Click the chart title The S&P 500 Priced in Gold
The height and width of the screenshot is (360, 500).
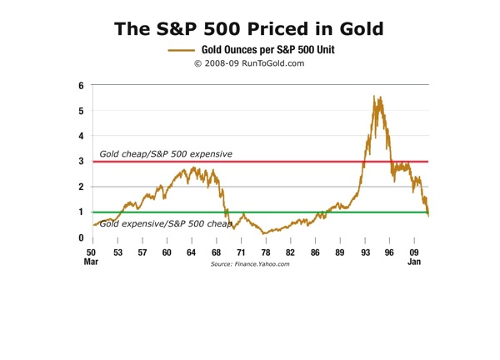click(x=249, y=28)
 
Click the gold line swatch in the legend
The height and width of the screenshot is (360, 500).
click(x=181, y=50)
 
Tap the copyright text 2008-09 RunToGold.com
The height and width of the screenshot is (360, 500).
click(x=250, y=62)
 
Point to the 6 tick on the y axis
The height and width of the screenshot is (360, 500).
click(x=81, y=85)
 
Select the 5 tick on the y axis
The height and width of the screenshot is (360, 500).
click(x=81, y=111)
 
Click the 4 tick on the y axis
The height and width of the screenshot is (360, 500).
click(x=81, y=136)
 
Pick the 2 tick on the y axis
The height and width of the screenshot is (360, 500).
click(x=81, y=187)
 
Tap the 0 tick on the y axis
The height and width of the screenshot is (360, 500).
click(x=81, y=238)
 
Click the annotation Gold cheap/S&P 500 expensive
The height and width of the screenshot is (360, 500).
click(x=166, y=154)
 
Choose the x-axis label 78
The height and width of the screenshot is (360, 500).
click(x=266, y=252)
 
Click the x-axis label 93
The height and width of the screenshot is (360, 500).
click(x=364, y=252)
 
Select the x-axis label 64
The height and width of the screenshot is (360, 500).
click(x=192, y=252)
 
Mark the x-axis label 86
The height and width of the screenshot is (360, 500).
click(x=315, y=252)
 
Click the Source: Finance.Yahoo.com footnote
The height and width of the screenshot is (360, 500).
click(x=249, y=263)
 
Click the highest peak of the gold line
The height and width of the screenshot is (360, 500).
click(x=373, y=97)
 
